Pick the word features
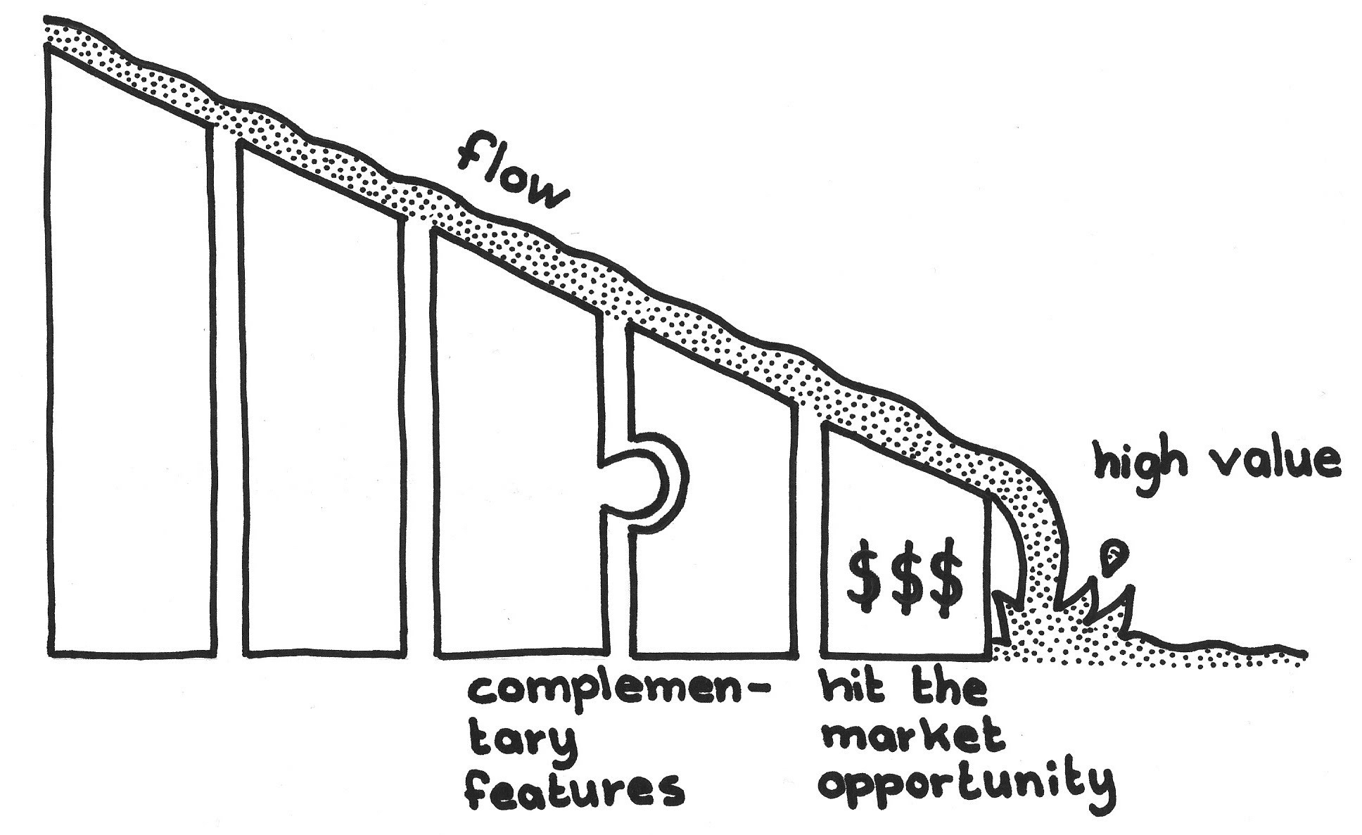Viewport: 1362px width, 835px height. click(x=573, y=786)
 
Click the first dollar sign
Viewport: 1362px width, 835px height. click(x=865, y=577)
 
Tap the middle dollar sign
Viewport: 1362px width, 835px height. click(x=906, y=577)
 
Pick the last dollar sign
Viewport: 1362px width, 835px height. click(x=946, y=577)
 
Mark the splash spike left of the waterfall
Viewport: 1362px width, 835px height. click(x=1006, y=612)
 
